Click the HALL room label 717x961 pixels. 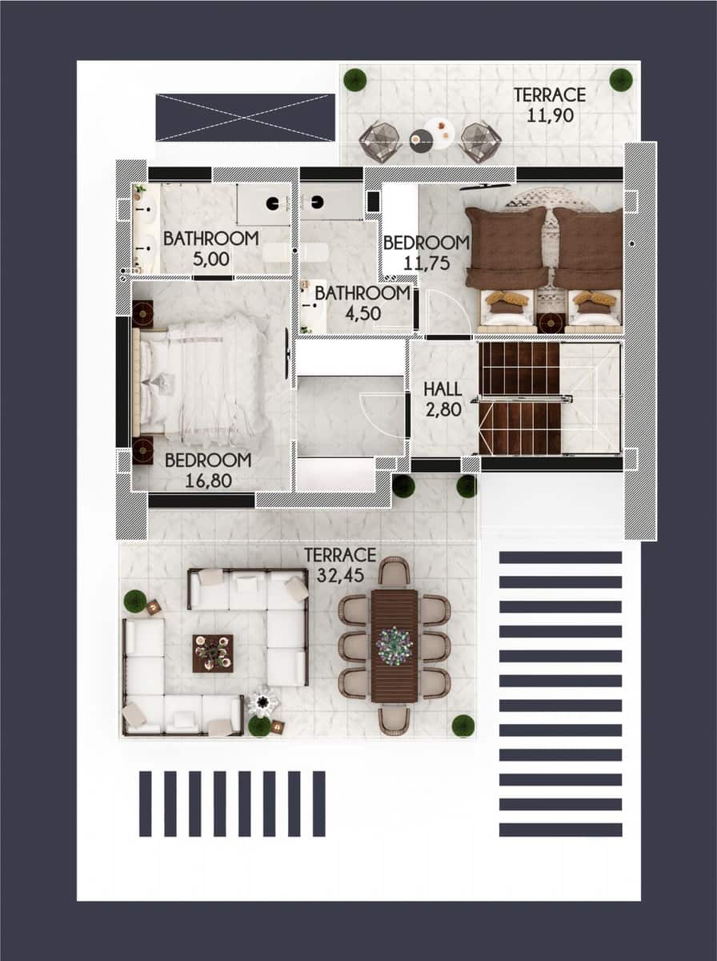[x=443, y=389]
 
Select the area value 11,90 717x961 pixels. [x=550, y=114]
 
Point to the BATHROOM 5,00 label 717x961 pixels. [x=210, y=238]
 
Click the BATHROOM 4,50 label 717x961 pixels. [x=362, y=293]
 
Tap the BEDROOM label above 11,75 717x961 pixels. [x=426, y=243]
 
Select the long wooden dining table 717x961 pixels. [x=395, y=645]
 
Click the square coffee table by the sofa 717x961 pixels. [x=213, y=653]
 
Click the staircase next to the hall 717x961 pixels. [x=520, y=398]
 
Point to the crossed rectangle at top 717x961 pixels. [x=245, y=118]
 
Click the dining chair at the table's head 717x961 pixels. [x=394, y=571]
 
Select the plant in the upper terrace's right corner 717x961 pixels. [x=621, y=79]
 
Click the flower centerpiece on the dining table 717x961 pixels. [x=395, y=643]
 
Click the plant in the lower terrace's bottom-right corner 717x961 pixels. [x=463, y=726]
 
